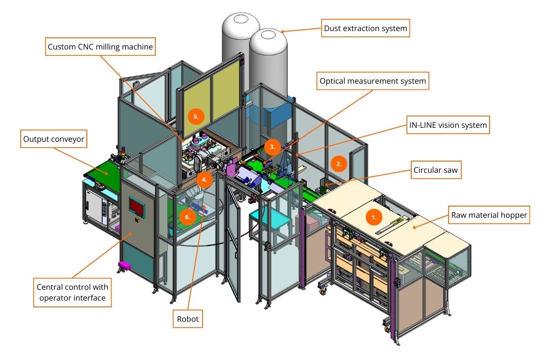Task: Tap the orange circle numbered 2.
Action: click(x=338, y=164)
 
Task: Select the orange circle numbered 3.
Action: click(x=271, y=146)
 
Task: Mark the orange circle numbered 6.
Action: click(x=187, y=216)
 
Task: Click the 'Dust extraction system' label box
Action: click(x=365, y=29)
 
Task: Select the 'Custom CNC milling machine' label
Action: click(x=100, y=46)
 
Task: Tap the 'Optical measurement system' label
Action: click(x=372, y=82)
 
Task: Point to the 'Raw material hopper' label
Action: click(x=489, y=215)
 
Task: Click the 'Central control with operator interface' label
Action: click(x=72, y=292)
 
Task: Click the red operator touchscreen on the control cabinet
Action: click(x=136, y=205)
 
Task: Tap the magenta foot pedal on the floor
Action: click(x=124, y=265)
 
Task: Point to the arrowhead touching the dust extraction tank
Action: click(x=282, y=31)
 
